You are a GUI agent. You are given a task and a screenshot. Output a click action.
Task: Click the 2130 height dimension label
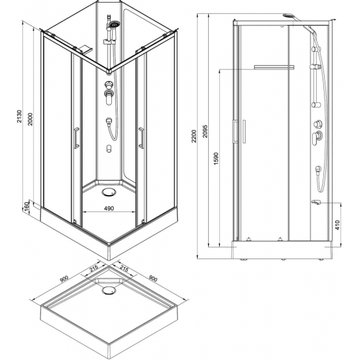19,116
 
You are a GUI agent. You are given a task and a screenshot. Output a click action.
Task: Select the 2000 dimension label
30,119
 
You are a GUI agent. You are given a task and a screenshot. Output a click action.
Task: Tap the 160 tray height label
27,207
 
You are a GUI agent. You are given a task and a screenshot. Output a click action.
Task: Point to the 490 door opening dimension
109,208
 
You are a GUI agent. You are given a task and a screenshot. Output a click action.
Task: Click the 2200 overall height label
194,136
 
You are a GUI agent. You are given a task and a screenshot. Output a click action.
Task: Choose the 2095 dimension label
205,131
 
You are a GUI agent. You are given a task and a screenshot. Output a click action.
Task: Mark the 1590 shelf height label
216,158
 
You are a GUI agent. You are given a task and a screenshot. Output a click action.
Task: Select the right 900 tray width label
153,278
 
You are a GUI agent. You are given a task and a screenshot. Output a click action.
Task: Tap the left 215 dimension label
94,268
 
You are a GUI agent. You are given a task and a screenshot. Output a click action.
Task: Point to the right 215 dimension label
124,268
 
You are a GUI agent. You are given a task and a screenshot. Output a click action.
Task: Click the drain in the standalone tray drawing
109,291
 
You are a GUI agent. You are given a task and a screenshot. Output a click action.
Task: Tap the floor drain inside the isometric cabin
109,192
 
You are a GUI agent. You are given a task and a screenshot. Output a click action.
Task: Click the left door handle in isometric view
77,137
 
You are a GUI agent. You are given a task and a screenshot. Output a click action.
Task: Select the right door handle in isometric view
141,137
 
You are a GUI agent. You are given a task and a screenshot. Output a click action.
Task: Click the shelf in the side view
274,67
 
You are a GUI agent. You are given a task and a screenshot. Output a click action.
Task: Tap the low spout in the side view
315,202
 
